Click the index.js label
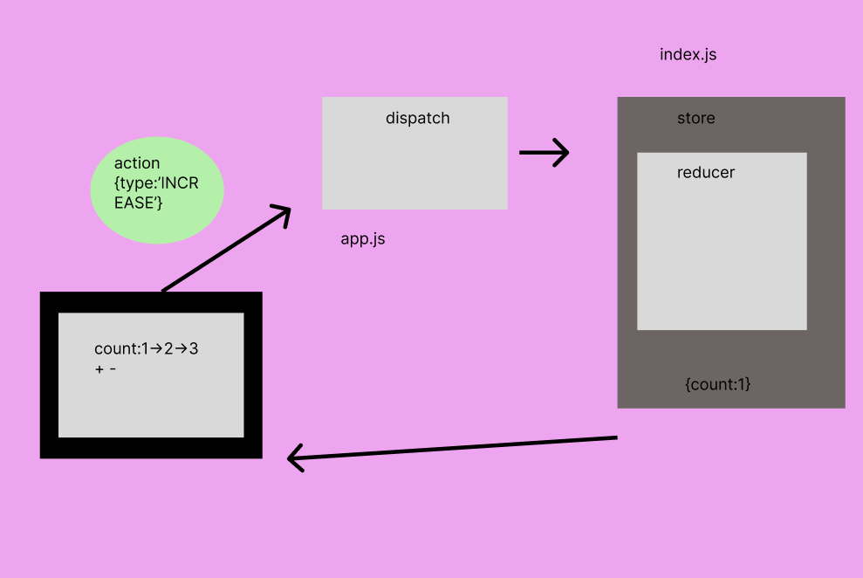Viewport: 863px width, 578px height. click(x=688, y=54)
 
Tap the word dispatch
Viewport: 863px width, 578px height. click(x=417, y=118)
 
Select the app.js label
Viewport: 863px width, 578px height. click(x=362, y=238)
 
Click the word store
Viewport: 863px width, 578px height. click(x=695, y=118)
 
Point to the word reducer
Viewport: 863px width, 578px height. click(x=705, y=172)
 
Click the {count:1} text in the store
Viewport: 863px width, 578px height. click(x=718, y=383)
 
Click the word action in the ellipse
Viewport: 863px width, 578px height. click(x=137, y=163)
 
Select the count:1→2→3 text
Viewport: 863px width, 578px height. click(x=147, y=348)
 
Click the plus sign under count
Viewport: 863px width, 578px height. click(x=99, y=369)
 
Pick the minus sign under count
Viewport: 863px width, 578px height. click(x=113, y=369)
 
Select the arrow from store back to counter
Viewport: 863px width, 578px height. click(x=454, y=447)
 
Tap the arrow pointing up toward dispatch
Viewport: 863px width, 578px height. click(x=225, y=250)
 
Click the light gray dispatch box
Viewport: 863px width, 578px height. click(x=414, y=166)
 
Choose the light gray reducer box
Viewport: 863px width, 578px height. click(x=722, y=253)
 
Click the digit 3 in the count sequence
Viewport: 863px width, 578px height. click(x=194, y=348)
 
